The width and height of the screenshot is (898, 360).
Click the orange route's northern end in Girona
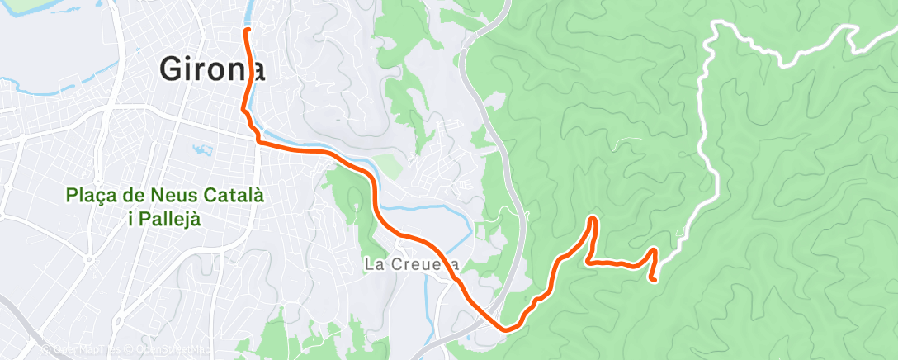tap(247, 31)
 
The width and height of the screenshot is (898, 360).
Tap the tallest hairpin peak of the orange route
tap(593, 219)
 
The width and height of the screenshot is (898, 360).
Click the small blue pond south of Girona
tap(201, 151)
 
